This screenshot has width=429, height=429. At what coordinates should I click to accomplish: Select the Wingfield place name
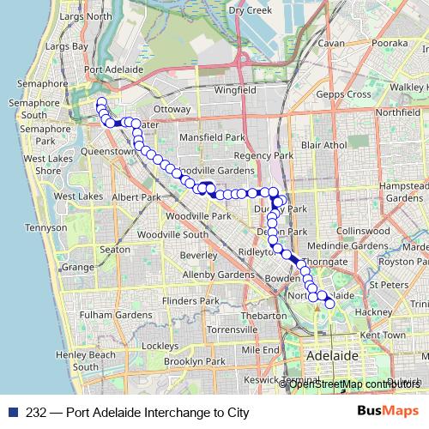coord(236,89)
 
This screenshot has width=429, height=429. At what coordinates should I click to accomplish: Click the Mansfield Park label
coord(210,136)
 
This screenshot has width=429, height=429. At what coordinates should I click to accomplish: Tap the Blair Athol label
coord(323,145)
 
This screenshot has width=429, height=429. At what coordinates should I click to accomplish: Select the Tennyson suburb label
coord(36,228)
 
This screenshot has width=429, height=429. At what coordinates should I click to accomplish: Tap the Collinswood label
coord(363,231)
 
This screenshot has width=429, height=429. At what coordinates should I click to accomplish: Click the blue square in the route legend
coord(12,413)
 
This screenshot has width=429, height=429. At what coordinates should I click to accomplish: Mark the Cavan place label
coord(330,42)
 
